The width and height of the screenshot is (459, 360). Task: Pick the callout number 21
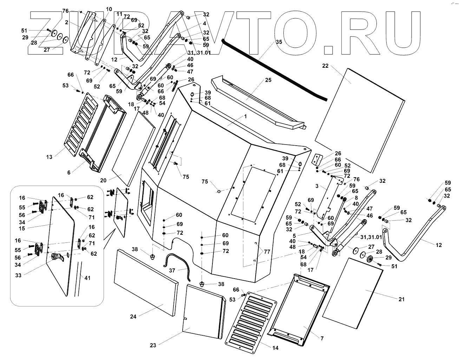(402, 299)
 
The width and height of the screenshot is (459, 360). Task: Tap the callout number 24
(133, 316)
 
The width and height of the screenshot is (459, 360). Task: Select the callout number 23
(153, 345)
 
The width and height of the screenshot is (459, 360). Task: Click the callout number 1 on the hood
(246, 116)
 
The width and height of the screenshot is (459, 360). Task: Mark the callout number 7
(322, 339)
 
